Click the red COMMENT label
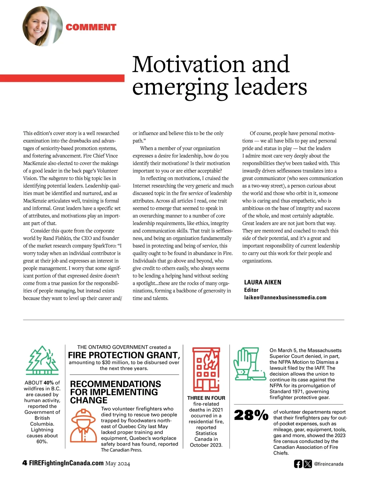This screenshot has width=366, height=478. [91, 27]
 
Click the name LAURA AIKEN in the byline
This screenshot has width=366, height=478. [263, 282]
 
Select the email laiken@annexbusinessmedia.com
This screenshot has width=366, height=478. [285, 297]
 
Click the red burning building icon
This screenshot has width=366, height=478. [206, 370]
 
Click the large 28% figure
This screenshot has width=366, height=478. [251, 416]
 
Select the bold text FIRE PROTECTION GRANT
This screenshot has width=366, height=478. [124, 355]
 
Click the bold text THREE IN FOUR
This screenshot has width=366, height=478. [206, 398]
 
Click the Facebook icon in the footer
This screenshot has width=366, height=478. [298, 464]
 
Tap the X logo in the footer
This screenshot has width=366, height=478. [308, 464]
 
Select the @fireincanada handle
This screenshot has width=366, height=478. [328, 464]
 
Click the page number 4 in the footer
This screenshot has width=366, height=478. [25, 463]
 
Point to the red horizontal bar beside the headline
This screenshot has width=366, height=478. [62, 78]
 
